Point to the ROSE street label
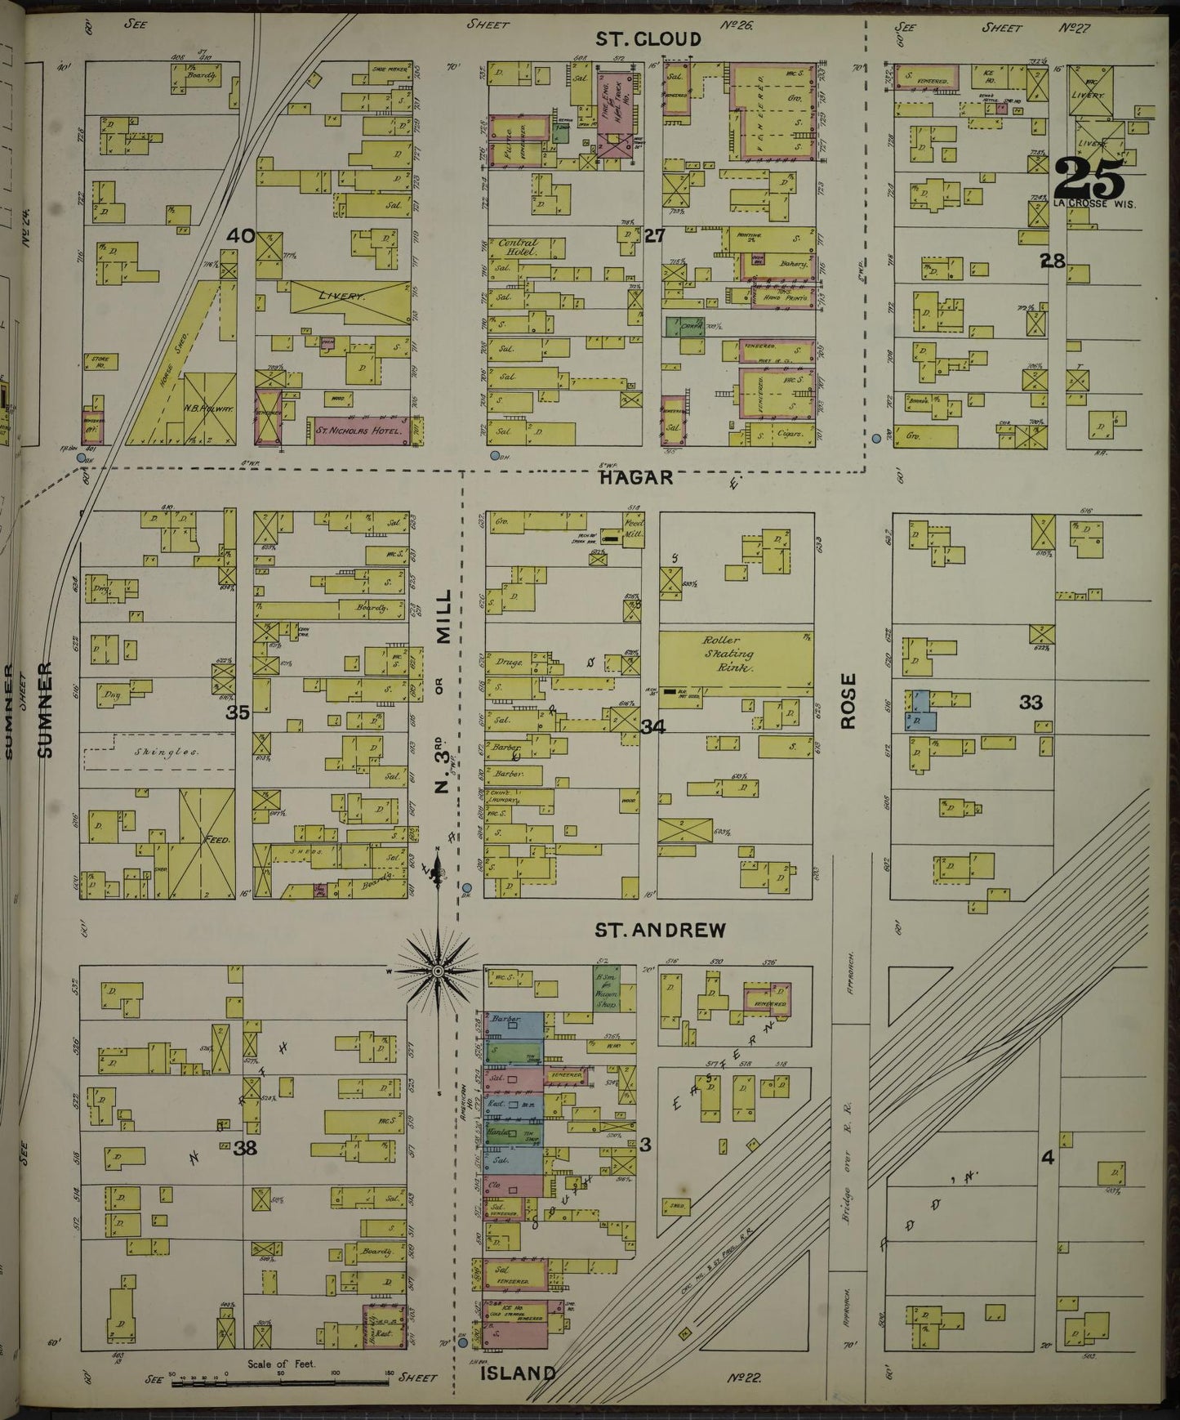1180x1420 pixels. (x=849, y=701)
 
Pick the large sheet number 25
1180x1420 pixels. (x=1089, y=177)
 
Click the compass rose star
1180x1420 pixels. (x=439, y=971)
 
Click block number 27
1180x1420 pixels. (x=655, y=237)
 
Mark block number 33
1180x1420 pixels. (x=1031, y=702)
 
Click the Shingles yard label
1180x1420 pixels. (x=160, y=752)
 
